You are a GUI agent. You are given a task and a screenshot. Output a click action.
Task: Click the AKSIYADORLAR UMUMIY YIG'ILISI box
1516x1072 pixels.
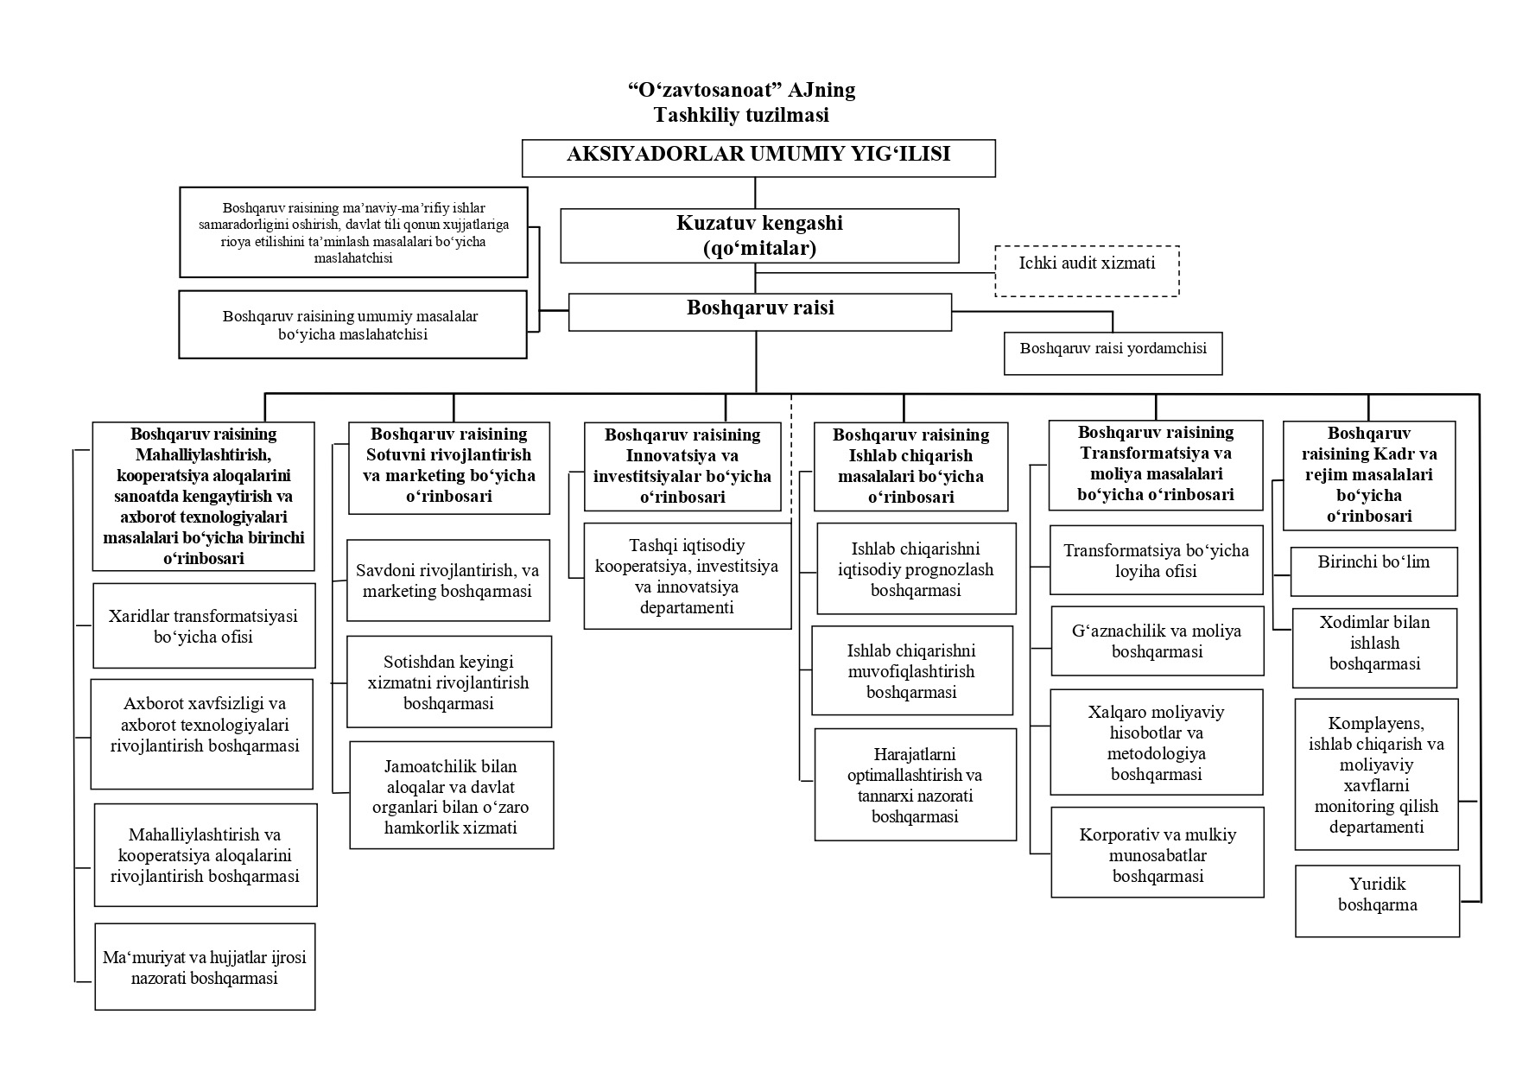pos(758,158)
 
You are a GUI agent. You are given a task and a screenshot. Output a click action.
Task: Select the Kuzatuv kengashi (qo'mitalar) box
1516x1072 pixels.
pos(759,235)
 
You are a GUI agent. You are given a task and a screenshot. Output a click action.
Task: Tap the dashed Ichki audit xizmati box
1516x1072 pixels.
pos(1087,271)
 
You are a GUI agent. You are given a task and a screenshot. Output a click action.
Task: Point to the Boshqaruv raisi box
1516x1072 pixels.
pos(760,312)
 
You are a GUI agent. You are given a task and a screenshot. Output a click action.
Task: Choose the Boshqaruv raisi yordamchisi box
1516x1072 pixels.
pos(1113,353)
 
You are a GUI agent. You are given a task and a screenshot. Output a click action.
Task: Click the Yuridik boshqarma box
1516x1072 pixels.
pos(1377,901)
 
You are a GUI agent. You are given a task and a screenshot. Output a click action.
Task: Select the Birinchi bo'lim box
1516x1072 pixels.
pos(1373,571)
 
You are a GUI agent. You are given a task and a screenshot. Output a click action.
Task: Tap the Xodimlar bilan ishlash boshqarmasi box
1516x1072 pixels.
pos(1374,648)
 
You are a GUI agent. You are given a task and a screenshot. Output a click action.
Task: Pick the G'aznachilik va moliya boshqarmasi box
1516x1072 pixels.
pos(1157,641)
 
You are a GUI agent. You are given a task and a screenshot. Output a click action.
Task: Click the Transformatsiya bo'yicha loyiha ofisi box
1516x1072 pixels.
pos(1156,560)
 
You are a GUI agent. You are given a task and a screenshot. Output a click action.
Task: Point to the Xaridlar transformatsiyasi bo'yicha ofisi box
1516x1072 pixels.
pos(204,625)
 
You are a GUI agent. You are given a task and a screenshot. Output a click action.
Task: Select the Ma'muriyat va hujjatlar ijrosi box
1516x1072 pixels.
pos(205,967)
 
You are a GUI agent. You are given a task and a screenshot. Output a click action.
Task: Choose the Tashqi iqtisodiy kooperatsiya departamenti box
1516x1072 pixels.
pos(688,575)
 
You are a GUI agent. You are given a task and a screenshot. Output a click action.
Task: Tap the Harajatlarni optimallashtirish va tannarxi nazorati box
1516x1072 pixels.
pos(915,784)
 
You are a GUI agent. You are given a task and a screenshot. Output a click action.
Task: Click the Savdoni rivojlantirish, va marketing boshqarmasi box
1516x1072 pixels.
pos(448,580)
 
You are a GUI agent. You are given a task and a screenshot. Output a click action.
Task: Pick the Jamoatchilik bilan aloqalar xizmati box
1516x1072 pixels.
pos(451,795)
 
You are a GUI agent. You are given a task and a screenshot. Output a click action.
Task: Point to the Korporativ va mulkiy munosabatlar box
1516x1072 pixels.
pos(1158,853)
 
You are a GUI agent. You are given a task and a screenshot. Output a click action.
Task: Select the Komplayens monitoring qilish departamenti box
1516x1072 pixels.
pos(1376,774)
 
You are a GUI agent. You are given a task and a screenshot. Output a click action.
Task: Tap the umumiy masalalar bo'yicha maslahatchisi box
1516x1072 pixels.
pos(352,324)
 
